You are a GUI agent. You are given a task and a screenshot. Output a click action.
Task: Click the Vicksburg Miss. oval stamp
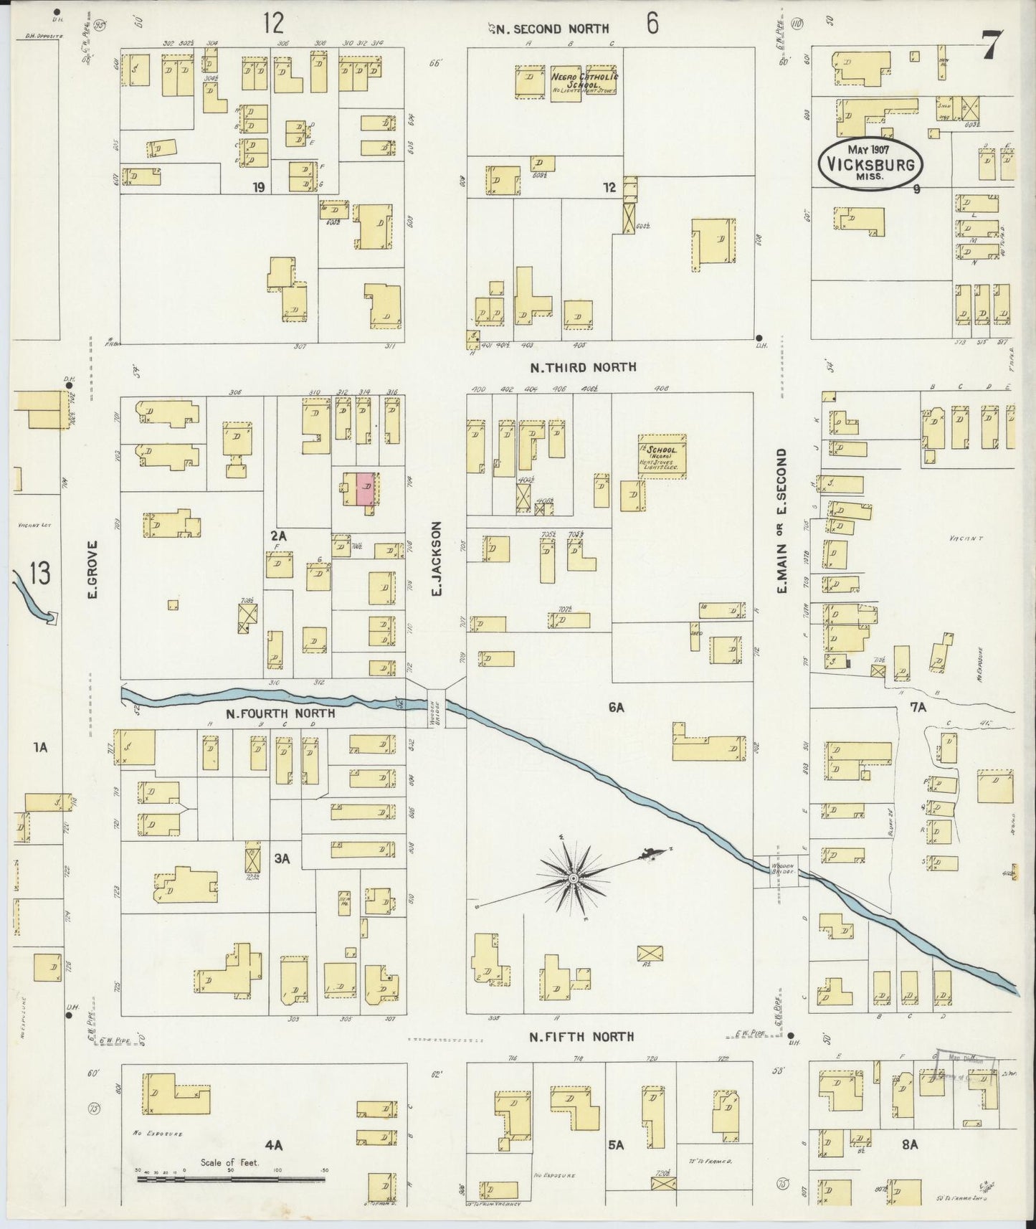tap(870, 164)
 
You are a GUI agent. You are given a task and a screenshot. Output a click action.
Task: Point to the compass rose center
tap(573, 878)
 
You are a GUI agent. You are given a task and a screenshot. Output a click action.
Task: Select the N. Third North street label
tap(583, 367)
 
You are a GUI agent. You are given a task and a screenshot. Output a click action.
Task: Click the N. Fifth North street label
tap(581, 1037)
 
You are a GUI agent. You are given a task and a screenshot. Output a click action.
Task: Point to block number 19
tap(259, 188)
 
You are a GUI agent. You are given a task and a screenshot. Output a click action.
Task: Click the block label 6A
tap(617, 708)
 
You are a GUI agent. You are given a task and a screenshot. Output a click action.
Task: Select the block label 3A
tap(282, 858)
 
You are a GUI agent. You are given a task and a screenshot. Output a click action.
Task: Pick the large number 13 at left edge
tap(40, 574)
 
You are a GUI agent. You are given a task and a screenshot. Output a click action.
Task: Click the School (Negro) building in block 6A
tap(661, 455)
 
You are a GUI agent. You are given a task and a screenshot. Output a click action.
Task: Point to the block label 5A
tap(615, 1145)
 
